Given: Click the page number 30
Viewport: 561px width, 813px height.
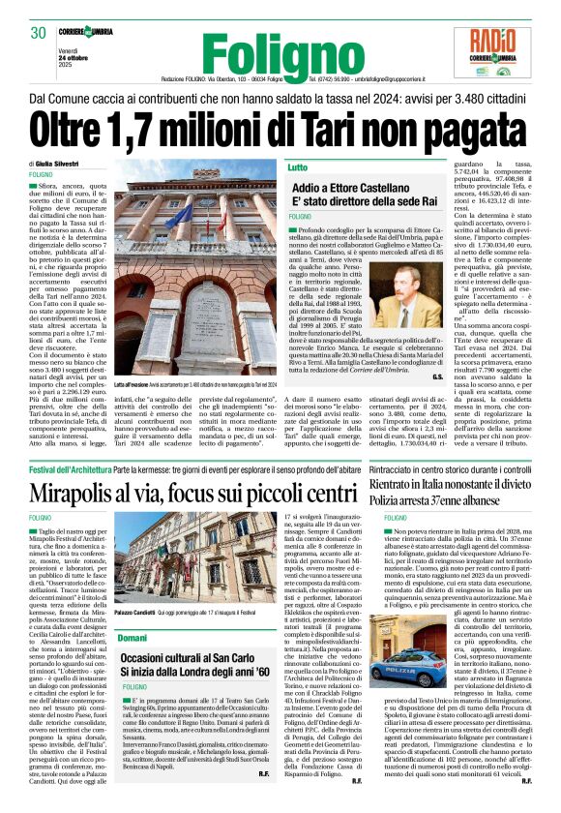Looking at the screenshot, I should coord(39,32).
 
